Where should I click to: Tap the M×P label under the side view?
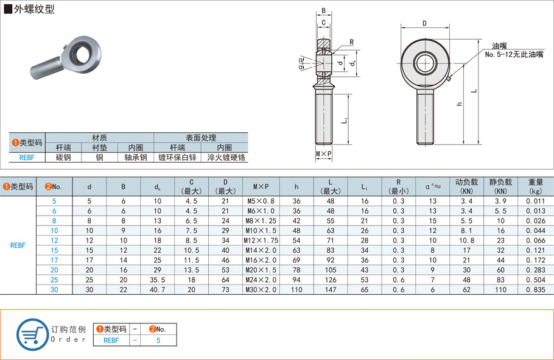tap(324, 154)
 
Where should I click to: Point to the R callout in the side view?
tap(352, 42)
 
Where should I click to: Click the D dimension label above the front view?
tap(424, 24)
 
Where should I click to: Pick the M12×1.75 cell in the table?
tap(261, 241)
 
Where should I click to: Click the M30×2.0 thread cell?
tap(261, 289)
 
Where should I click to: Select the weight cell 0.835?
tap(536, 289)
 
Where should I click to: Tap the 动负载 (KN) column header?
tap(467, 186)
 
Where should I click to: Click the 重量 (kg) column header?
tap(536, 186)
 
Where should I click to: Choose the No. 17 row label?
tap(54, 260)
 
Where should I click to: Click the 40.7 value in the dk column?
tap(158, 289)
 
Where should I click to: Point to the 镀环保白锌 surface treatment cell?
tap(177, 157)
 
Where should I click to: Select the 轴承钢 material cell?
tap(136, 157)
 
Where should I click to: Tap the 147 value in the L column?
tap(329, 289)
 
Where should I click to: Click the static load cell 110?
tap(501, 289)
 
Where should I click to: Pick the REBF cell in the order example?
tap(111, 341)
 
